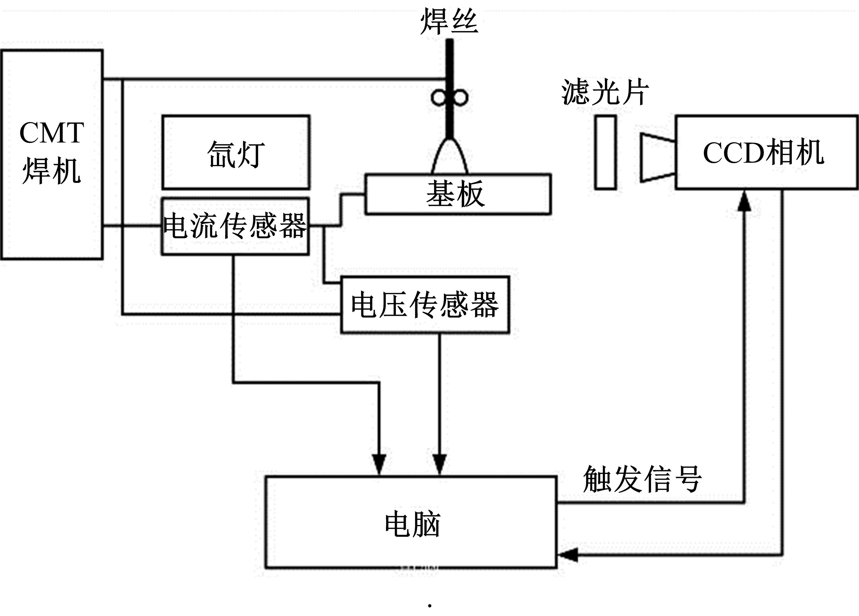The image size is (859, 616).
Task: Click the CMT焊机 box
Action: point(52,154)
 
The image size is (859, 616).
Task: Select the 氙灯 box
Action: point(236,152)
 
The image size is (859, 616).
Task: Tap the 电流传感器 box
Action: point(235,226)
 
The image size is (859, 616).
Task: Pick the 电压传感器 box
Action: point(425,305)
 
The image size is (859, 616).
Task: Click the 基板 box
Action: point(458,194)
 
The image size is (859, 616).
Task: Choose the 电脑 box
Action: point(411,522)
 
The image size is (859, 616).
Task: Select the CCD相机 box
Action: point(766,152)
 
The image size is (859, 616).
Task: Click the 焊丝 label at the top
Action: point(449,22)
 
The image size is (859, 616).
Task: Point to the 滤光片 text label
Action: point(605,92)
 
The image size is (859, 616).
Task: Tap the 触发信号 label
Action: point(642,479)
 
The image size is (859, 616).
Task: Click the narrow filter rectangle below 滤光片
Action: point(605,152)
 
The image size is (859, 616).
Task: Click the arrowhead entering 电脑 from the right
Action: point(568,555)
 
